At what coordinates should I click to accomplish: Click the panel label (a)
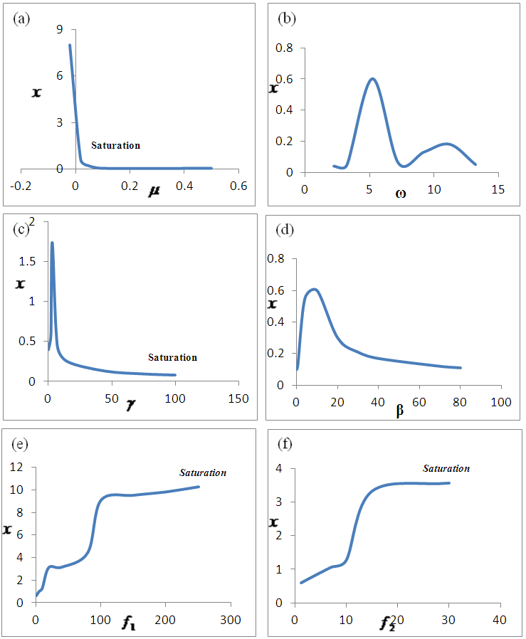22,19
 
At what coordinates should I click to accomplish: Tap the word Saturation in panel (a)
115,145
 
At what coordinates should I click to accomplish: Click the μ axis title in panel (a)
154,191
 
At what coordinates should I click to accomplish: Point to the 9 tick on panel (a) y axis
61,29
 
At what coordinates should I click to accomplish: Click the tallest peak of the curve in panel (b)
372,78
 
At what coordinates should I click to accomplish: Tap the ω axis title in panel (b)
401,193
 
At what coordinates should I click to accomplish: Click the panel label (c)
21,228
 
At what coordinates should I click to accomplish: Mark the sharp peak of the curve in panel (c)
52,243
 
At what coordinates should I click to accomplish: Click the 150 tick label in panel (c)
238,398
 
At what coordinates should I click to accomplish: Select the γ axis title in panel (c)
130,405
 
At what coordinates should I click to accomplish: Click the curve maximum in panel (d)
314,289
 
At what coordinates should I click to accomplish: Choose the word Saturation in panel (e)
203,472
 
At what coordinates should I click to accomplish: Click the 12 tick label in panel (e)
16,468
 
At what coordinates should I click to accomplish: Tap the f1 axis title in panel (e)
129,624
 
